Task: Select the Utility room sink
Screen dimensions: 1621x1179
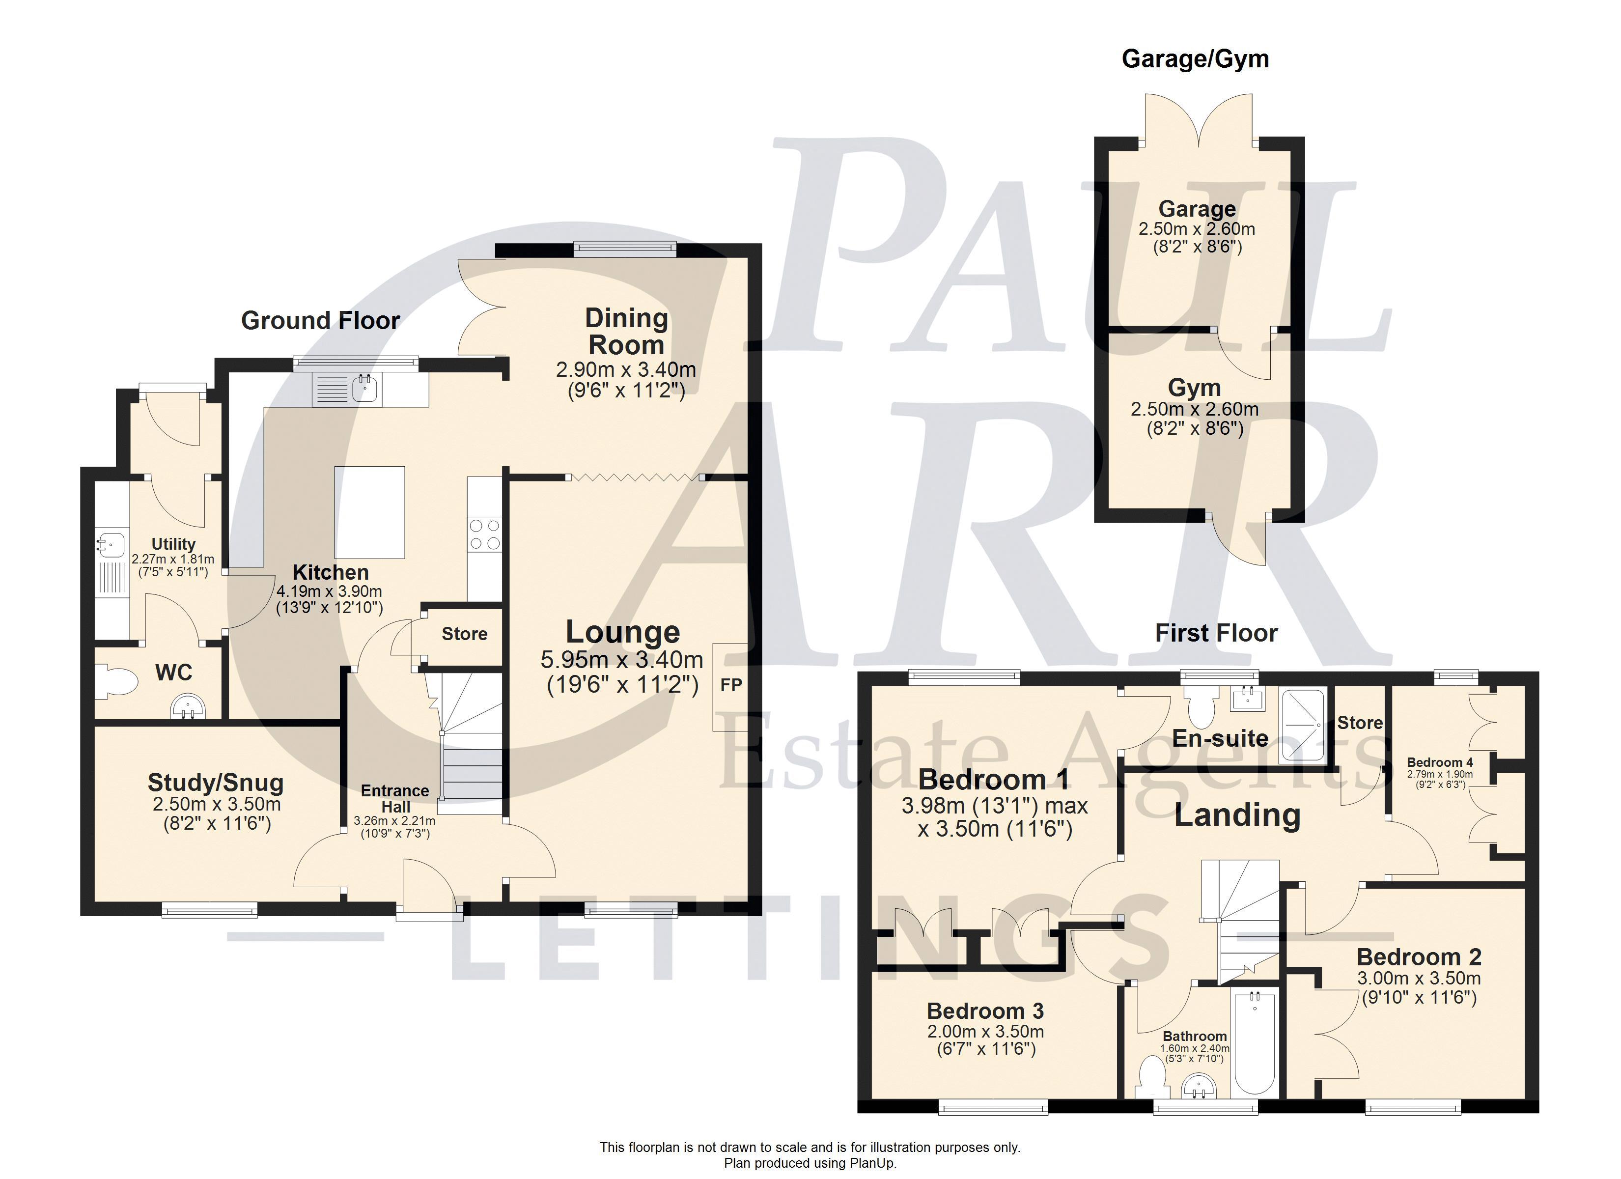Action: point(112,544)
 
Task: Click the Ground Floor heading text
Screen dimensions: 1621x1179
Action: point(320,320)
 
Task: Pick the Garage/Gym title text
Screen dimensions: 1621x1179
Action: point(1195,58)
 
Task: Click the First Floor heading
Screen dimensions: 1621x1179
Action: point(1216,633)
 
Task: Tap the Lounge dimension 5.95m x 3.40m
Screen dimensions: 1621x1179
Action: point(622,659)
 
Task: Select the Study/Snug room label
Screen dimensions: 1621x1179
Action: point(216,783)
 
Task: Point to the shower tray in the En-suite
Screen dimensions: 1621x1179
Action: point(1304,724)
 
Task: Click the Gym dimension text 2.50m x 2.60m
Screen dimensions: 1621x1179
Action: point(1194,410)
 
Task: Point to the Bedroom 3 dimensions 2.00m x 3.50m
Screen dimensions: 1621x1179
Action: point(985,1032)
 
